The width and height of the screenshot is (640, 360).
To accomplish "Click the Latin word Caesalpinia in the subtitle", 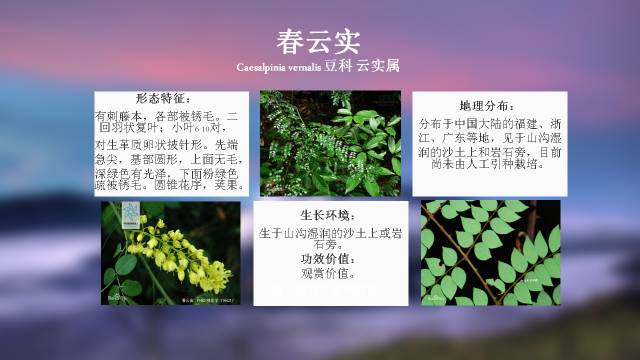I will [x=264, y=67].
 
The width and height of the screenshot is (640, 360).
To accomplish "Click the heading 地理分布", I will [x=489, y=105].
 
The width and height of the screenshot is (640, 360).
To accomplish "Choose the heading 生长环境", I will [x=327, y=216].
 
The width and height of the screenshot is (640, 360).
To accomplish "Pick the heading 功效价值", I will [x=327, y=258].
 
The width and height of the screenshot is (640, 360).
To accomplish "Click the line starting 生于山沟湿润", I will [x=327, y=232].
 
